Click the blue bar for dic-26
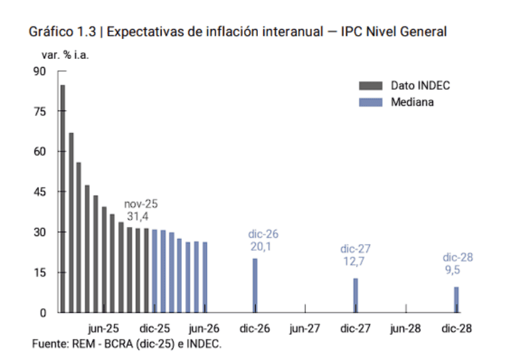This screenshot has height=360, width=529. pos(255,285)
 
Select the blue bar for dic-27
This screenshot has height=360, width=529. pos(356,295)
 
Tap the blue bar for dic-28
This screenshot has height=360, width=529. pos(456,299)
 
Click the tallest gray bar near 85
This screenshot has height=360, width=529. pos(63,198)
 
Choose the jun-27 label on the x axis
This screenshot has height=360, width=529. pos(305,328)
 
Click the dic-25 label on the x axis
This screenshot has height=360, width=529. pos(155,328)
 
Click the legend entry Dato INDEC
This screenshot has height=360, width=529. pos(420,85)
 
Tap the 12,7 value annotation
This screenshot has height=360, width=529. pos(354,261)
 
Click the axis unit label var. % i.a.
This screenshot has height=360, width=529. pos(65,55)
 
